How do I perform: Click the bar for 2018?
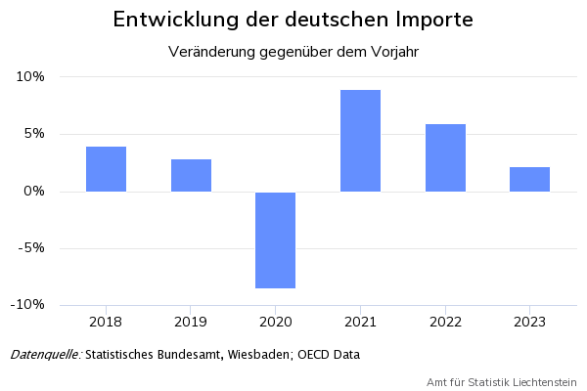click(x=106, y=169)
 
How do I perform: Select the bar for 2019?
click(x=191, y=175)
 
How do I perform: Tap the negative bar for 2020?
click(x=275, y=240)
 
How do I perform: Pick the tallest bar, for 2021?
click(x=360, y=141)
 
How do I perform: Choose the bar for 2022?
click(x=445, y=157)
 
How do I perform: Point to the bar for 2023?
click(x=529, y=179)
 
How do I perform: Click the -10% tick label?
click(x=29, y=304)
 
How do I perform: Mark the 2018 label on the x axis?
click(x=106, y=321)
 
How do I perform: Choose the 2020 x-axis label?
click(x=275, y=321)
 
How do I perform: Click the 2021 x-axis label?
click(x=360, y=321)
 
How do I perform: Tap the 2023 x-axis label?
click(x=529, y=321)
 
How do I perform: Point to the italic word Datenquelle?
click(x=45, y=354)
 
